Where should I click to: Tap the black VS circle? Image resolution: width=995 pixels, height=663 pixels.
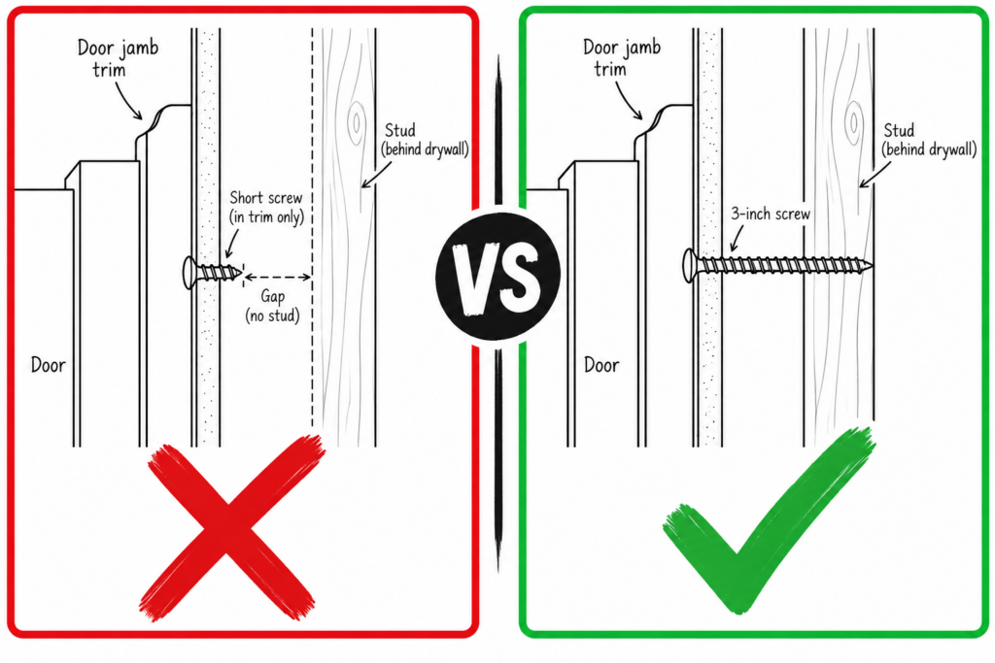[x=498, y=275]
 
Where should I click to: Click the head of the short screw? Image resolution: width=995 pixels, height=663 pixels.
[x=189, y=273]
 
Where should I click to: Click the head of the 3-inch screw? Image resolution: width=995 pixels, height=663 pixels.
[x=690, y=266]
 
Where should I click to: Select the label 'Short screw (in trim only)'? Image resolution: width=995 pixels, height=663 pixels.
[x=266, y=208]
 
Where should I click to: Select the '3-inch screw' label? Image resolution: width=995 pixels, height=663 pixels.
[x=771, y=214]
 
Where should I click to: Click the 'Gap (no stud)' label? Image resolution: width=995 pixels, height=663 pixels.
[x=272, y=306]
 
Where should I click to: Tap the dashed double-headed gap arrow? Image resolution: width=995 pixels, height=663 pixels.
[x=277, y=277]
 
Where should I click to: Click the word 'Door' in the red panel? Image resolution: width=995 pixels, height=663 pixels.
[x=49, y=364]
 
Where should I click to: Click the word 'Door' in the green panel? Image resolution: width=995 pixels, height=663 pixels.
[x=600, y=364]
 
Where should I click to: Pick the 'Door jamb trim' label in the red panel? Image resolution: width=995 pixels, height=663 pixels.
[x=118, y=57]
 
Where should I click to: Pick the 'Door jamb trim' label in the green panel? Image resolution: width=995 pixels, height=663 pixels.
[x=621, y=57]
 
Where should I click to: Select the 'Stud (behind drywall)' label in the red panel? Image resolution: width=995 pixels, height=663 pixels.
[x=425, y=140]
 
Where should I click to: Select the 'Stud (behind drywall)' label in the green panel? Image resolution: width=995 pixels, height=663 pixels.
[x=928, y=140]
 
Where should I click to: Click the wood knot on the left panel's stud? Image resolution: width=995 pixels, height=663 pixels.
[x=356, y=122]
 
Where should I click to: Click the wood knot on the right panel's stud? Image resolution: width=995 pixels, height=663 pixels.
[x=853, y=122]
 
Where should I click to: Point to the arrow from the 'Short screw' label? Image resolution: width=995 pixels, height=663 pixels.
[x=232, y=245]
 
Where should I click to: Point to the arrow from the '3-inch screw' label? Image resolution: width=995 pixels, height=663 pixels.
[x=737, y=239]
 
